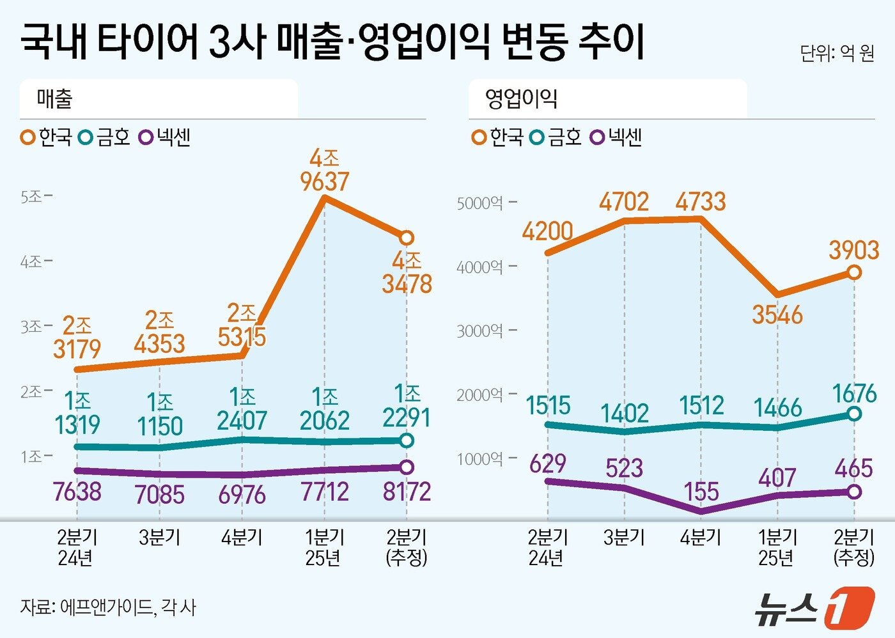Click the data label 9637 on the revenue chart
tap(324, 182)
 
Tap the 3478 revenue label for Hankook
tap(407, 284)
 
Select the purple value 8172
tap(407, 492)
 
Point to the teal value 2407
tap(242, 421)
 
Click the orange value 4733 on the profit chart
tap(701, 202)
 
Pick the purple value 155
tap(701, 492)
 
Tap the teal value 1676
tap(855, 394)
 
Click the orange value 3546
tap(777, 315)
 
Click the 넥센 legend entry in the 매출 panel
tap(166, 137)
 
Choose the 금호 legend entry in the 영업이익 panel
tap(557, 137)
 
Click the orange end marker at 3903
tap(854, 272)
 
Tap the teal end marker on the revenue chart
tap(407, 440)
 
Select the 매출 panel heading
tap(55, 98)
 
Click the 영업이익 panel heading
tap(521, 98)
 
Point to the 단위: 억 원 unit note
tap(836, 53)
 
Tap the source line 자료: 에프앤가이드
tap(107, 606)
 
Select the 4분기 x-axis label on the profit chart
tap(701, 538)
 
